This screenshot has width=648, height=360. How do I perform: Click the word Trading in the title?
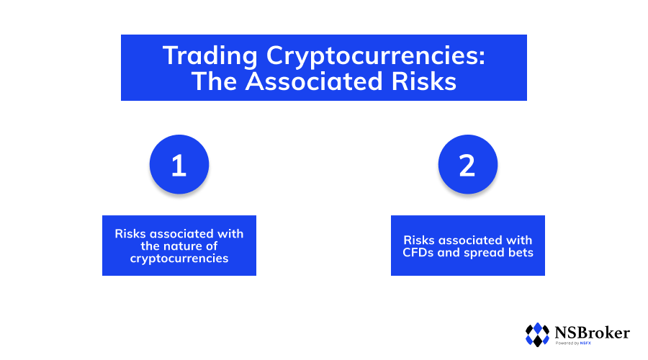(x=210, y=55)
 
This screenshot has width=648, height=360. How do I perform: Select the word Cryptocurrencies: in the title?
(x=376, y=55)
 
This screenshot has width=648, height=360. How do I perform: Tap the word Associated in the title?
(x=314, y=81)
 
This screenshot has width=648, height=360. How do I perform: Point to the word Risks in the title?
(x=423, y=81)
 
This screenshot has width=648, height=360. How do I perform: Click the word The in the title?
(x=214, y=81)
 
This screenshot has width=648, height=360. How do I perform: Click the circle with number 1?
(x=179, y=164)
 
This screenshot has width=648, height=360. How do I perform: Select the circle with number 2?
(x=468, y=164)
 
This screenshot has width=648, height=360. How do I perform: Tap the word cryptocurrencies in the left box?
(x=179, y=258)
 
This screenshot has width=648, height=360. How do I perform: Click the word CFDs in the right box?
(x=418, y=253)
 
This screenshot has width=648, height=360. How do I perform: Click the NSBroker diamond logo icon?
(x=537, y=335)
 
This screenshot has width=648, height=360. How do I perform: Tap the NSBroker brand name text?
(x=593, y=333)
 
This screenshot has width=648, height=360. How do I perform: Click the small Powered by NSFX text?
(x=573, y=343)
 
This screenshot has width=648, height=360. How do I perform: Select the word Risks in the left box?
(x=130, y=234)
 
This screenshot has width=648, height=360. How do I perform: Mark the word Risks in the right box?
(x=419, y=240)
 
